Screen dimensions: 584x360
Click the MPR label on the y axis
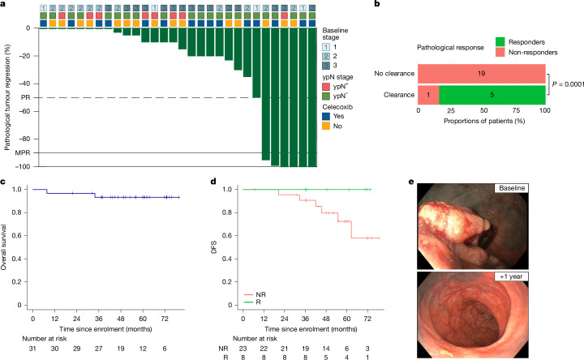point(23,152)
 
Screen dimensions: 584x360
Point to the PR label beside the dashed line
point(25,97)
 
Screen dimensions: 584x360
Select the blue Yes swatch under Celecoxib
point(326,116)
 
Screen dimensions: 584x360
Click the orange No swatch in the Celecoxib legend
point(326,126)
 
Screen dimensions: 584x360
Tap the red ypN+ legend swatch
point(326,87)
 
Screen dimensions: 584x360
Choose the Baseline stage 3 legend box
point(326,66)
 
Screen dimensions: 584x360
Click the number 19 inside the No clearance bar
point(481,73)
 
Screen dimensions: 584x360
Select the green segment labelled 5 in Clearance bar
point(492,95)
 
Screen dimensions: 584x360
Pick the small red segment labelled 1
point(428,95)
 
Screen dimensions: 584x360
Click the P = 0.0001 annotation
point(568,84)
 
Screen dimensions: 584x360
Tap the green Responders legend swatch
point(500,41)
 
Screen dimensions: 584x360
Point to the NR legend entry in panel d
point(255,294)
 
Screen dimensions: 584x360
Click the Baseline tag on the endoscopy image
point(512,188)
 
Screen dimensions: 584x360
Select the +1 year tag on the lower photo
point(511,276)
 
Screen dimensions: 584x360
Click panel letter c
point(2,182)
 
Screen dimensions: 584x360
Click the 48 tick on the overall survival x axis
point(121,319)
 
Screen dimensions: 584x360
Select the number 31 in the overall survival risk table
point(32,349)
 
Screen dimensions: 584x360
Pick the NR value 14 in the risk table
point(326,349)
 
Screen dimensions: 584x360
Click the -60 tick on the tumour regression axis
point(25,111)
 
